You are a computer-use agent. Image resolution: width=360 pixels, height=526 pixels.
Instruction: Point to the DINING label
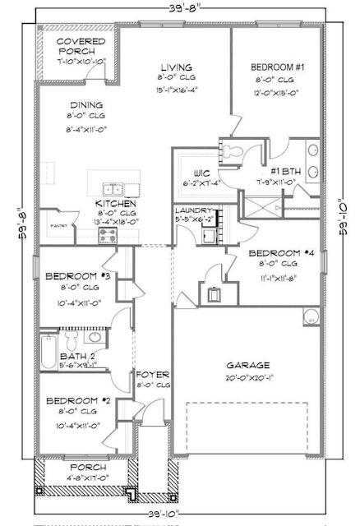point(86,105)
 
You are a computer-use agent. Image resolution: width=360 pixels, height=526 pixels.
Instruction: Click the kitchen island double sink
point(113,187)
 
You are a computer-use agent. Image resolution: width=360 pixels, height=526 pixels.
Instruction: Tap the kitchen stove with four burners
point(109,234)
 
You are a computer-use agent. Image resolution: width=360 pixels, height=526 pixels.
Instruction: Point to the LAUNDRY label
point(195,210)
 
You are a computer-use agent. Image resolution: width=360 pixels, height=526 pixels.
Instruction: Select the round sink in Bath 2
point(95,336)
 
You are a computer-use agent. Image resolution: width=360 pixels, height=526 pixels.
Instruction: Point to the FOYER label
point(153,374)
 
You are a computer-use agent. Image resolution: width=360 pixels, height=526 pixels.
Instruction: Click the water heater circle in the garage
point(312,317)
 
